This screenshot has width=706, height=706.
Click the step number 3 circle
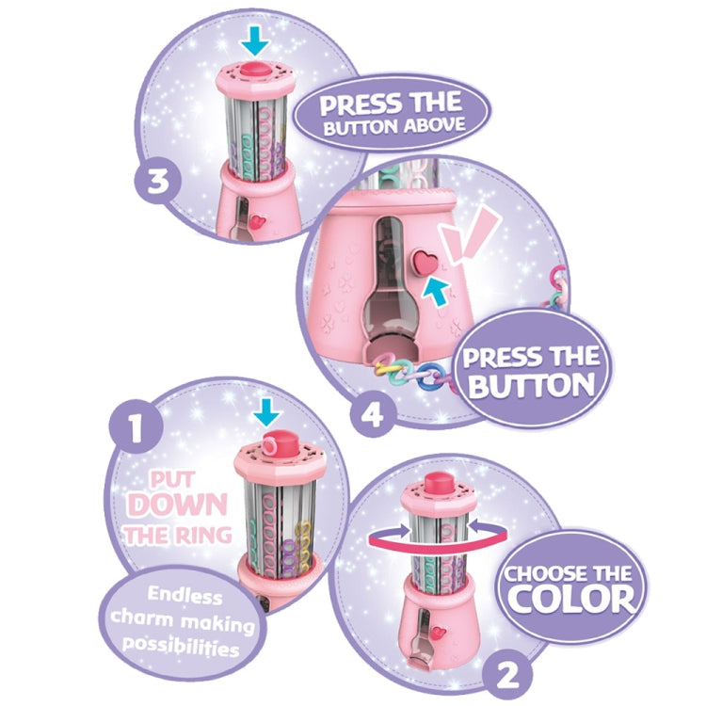pos(158,181)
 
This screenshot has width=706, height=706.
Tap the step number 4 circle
pos(374,414)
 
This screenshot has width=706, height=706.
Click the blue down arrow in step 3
pos(255,41)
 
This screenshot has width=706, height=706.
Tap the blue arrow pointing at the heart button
pos(435,291)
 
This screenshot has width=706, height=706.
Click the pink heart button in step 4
pos(425,262)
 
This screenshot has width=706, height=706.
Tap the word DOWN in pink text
pos(177,505)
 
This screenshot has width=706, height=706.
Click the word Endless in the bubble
pos(185,596)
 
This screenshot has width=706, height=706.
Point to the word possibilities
pos(180,646)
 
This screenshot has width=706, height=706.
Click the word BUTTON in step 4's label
pos(532,386)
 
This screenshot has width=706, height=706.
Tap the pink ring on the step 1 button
pos(269,445)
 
